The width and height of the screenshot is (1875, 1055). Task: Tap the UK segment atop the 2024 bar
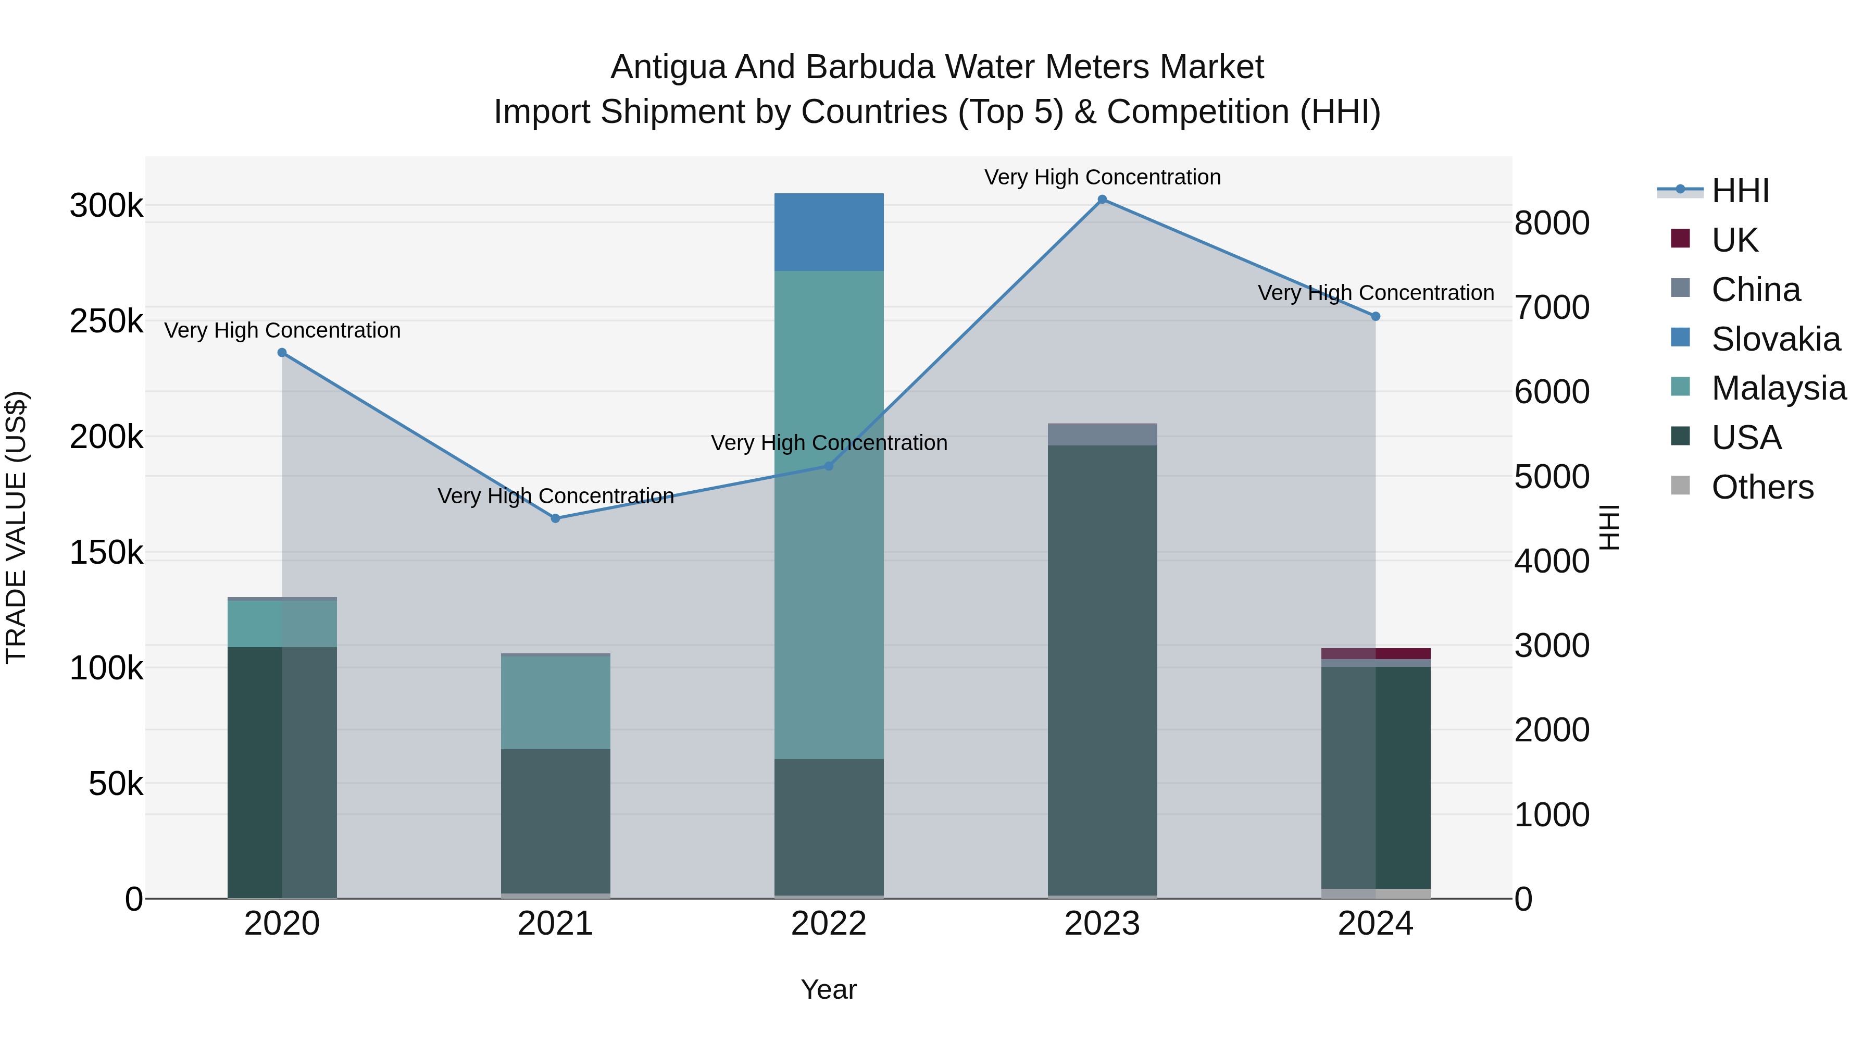(1375, 653)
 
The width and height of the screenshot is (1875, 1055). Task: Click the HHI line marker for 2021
(555, 518)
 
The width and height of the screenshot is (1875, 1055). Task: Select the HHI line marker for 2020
(282, 352)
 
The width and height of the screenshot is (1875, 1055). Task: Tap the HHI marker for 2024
(1375, 316)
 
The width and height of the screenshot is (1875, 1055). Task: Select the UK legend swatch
(1679, 239)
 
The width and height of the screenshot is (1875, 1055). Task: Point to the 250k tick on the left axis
(106, 321)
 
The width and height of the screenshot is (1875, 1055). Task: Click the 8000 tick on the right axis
(1552, 223)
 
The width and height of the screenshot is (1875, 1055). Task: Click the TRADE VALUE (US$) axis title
(16, 527)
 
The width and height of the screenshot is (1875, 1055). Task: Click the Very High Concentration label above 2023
(1102, 177)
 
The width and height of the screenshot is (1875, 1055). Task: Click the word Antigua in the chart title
(668, 67)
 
